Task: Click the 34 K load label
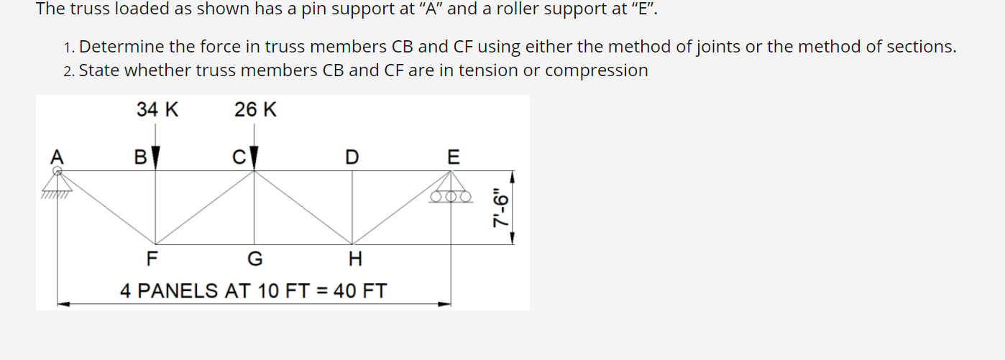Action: tap(157, 110)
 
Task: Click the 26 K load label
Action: tap(255, 110)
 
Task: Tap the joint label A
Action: tap(57, 156)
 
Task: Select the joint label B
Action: tap(141, 157)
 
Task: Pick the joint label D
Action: tap(351, 157)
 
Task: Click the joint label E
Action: tap(452, 157)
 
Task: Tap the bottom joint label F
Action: tap(152, 258)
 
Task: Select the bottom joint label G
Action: tap(254, 258)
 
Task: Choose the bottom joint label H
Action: tap(354, 258)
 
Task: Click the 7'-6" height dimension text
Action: tap(501, 208)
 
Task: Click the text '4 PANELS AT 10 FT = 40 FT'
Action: tap(253, 291)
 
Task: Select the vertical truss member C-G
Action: tap(254, 208)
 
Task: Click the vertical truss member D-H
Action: tap(352, 208)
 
